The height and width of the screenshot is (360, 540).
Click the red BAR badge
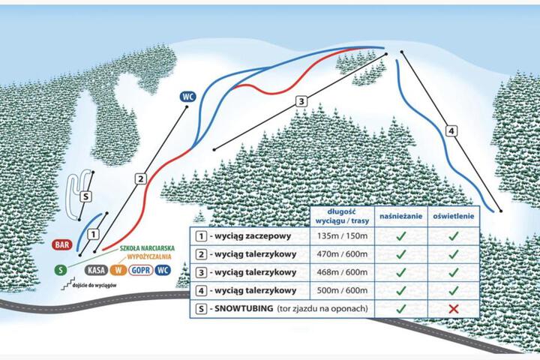click(x=62, y=245)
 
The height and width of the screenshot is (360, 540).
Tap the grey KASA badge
click(x=97, y=270)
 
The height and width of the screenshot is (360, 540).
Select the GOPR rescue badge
click(x=141, y=270)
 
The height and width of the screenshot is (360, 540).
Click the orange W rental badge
click(x=118, y=270)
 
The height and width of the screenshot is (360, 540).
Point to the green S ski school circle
click(x=61, y=270)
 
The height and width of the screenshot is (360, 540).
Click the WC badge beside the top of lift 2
click(x=187, y=97)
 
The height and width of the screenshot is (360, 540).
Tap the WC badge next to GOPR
click(x=163, y=270)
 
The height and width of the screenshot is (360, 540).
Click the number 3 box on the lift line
click(x=301, y=101)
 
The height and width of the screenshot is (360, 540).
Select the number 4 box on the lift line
click(x=451, y=131)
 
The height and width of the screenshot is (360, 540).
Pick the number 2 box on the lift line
click(x=140, y=178)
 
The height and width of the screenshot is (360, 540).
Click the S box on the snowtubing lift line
click(x=86, y=196)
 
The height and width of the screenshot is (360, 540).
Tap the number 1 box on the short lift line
click(x=93, y=235)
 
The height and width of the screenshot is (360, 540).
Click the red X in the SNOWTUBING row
click(x=454, y=309)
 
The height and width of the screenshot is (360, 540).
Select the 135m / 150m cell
click(x=342, y=236)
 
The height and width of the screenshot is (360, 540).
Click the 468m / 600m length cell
click(x=342, y=272)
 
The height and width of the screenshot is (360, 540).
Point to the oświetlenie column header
click(x=454, y=216)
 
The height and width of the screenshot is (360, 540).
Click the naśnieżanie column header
click(x=400, y=216)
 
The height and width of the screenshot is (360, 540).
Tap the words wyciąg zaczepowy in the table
click(x=253, y=236)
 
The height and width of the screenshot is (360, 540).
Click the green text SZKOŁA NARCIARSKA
click(x=147, y=248)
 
